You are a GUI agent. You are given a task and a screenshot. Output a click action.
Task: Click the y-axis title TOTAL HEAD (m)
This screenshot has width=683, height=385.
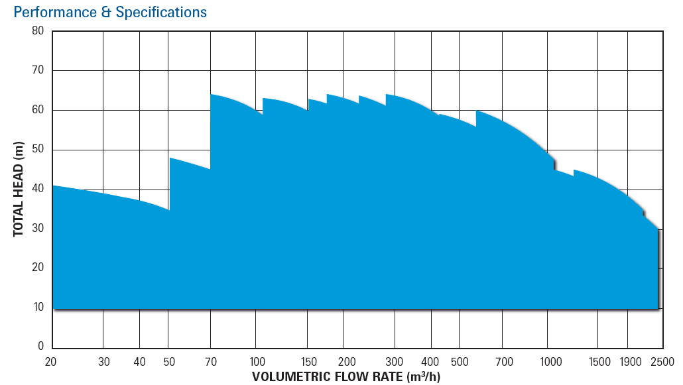click(19, 189)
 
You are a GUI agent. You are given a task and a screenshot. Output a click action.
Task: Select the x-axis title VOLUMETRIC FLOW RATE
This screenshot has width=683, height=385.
click(345, 377)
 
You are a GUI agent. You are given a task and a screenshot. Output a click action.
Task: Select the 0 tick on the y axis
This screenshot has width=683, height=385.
click(41, 347)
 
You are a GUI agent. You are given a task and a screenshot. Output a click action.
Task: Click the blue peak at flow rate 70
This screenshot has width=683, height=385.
click(212, 95)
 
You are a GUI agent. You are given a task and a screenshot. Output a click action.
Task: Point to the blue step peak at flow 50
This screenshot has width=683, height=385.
click(171, 158)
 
